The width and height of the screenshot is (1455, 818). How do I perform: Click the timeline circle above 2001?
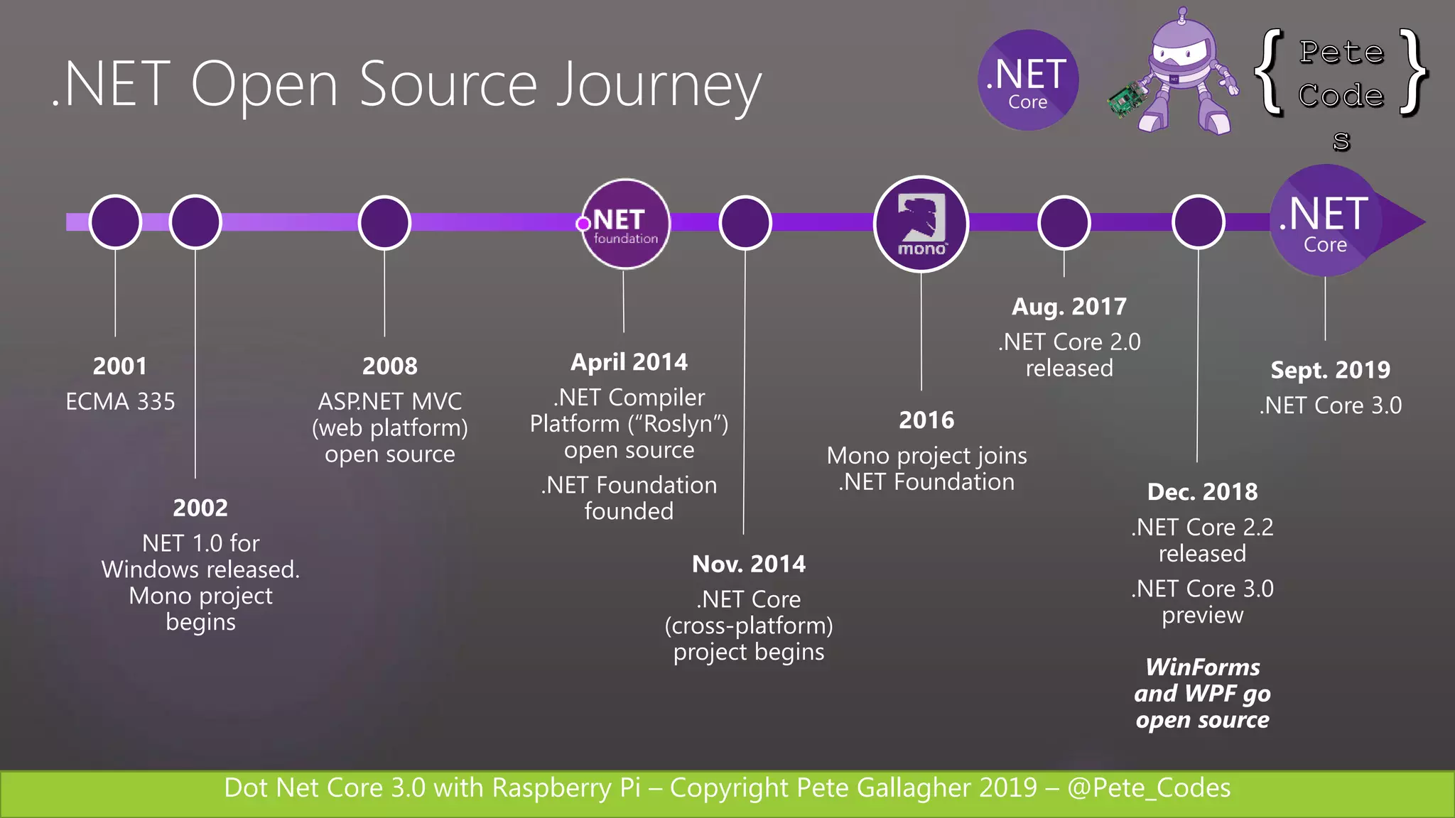(115, 222)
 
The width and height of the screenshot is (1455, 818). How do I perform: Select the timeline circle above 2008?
(384, 222)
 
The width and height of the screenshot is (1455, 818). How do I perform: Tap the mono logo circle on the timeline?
(921, 224)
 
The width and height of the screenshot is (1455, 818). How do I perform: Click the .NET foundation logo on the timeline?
(625, 224)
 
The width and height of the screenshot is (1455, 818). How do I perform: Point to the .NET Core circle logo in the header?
(1028, 80)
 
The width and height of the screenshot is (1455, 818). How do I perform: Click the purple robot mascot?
(1184, 75)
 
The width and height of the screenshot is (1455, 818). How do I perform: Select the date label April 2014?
(629, 362)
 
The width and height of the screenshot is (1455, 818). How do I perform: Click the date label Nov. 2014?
(749, 564)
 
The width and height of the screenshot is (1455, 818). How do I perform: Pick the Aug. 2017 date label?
(1069, 307)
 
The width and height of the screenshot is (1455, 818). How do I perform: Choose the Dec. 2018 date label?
(1202, 491)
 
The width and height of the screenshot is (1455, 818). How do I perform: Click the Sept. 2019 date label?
(1330, 370)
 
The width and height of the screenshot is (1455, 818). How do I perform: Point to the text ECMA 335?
(120, 402)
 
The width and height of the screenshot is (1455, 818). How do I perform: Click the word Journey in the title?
(659, 87)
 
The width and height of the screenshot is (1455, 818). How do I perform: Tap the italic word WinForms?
(1202, 667)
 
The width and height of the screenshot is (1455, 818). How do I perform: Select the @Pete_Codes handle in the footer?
(1149, 788)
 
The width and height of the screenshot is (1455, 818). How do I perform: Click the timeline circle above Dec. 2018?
(1198, 222)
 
